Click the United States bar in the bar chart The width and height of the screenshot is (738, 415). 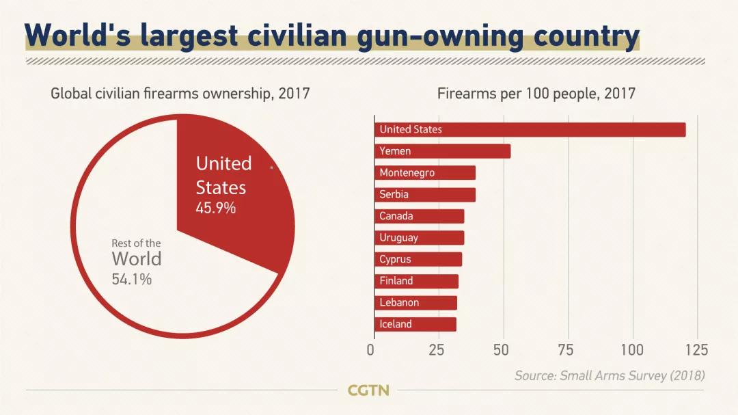(530, 129)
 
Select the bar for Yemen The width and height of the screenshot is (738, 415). (443, 151)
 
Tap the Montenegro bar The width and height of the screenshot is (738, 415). (425, 173)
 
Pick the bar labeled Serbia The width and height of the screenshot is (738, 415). (425, 194)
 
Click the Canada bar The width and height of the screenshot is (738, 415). (420, 216)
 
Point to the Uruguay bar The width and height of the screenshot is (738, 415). (420, 238)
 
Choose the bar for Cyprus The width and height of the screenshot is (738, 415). (418, 259)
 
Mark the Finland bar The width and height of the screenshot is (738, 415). (417, 281)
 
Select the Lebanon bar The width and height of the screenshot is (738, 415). (416, 302)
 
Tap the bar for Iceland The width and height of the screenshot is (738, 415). (415, 324)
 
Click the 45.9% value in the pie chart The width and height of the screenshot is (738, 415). (216, 208)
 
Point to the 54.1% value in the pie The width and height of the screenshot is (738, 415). (132, 279)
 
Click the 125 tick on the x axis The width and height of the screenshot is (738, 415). (696, 351)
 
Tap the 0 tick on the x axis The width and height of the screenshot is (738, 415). (371, 351)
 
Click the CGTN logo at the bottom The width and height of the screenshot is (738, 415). (368, 391)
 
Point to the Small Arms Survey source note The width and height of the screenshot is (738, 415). (610, 375)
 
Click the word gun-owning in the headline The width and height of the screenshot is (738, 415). (465, 35)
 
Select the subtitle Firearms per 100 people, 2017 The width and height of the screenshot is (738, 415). (536, 94)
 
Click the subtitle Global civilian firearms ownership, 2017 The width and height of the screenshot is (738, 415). (180, 94)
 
